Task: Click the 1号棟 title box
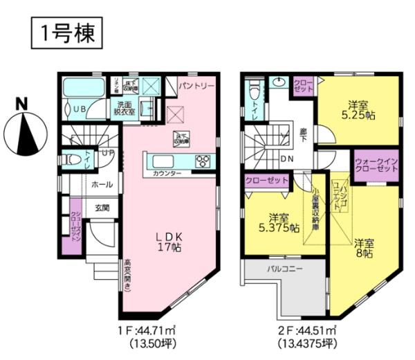[67, 32]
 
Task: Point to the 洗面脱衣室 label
[125, 107]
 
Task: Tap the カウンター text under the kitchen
[167, 172]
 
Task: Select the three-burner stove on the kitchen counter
[203, 162]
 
